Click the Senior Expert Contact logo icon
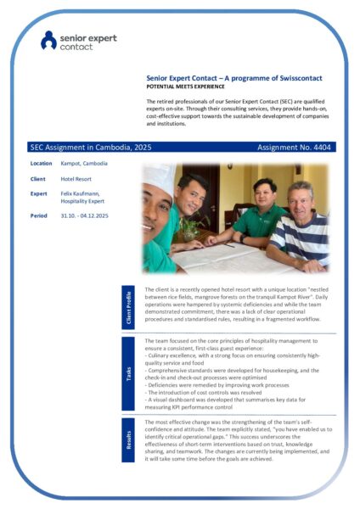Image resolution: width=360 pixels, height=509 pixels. click(48, 39)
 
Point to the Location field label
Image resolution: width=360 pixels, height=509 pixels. click(41, 164)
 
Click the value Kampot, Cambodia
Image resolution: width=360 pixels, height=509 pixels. click(84, 164)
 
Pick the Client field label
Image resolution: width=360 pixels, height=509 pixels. click(37, 180)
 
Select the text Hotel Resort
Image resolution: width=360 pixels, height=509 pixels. click(77, 180)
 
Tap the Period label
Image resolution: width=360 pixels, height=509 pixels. click(39, 215)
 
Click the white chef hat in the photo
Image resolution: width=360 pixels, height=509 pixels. click(158, 179)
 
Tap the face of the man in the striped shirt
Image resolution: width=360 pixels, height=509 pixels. click(298, 197)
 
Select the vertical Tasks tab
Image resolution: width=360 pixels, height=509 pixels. click(130, 372)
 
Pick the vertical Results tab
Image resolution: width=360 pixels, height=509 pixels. click(130, 442)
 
